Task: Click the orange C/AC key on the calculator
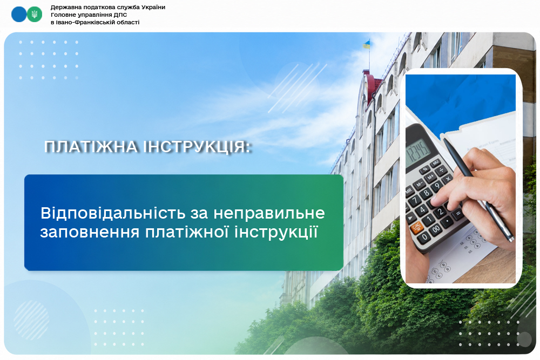[x=416, y=227]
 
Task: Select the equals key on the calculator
[x=458, y=214]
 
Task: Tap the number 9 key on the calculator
[x=437, y=186]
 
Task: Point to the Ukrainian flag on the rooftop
[x=366, y=44]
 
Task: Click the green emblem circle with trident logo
[x=35, y=15]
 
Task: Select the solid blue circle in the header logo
[x=19, y=15]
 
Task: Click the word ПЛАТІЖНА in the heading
[x=91, y=147]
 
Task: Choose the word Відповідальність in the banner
[x=113, y=213]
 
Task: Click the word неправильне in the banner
[x=269, y=213]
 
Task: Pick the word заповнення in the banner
[x=90, y=232]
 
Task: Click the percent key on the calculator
[x=426, y=169]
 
